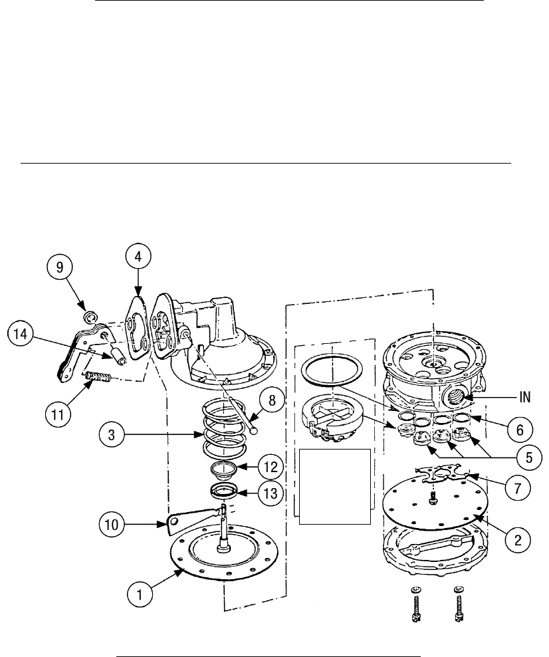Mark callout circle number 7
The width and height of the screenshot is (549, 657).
517,485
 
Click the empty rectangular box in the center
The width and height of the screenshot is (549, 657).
335,486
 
